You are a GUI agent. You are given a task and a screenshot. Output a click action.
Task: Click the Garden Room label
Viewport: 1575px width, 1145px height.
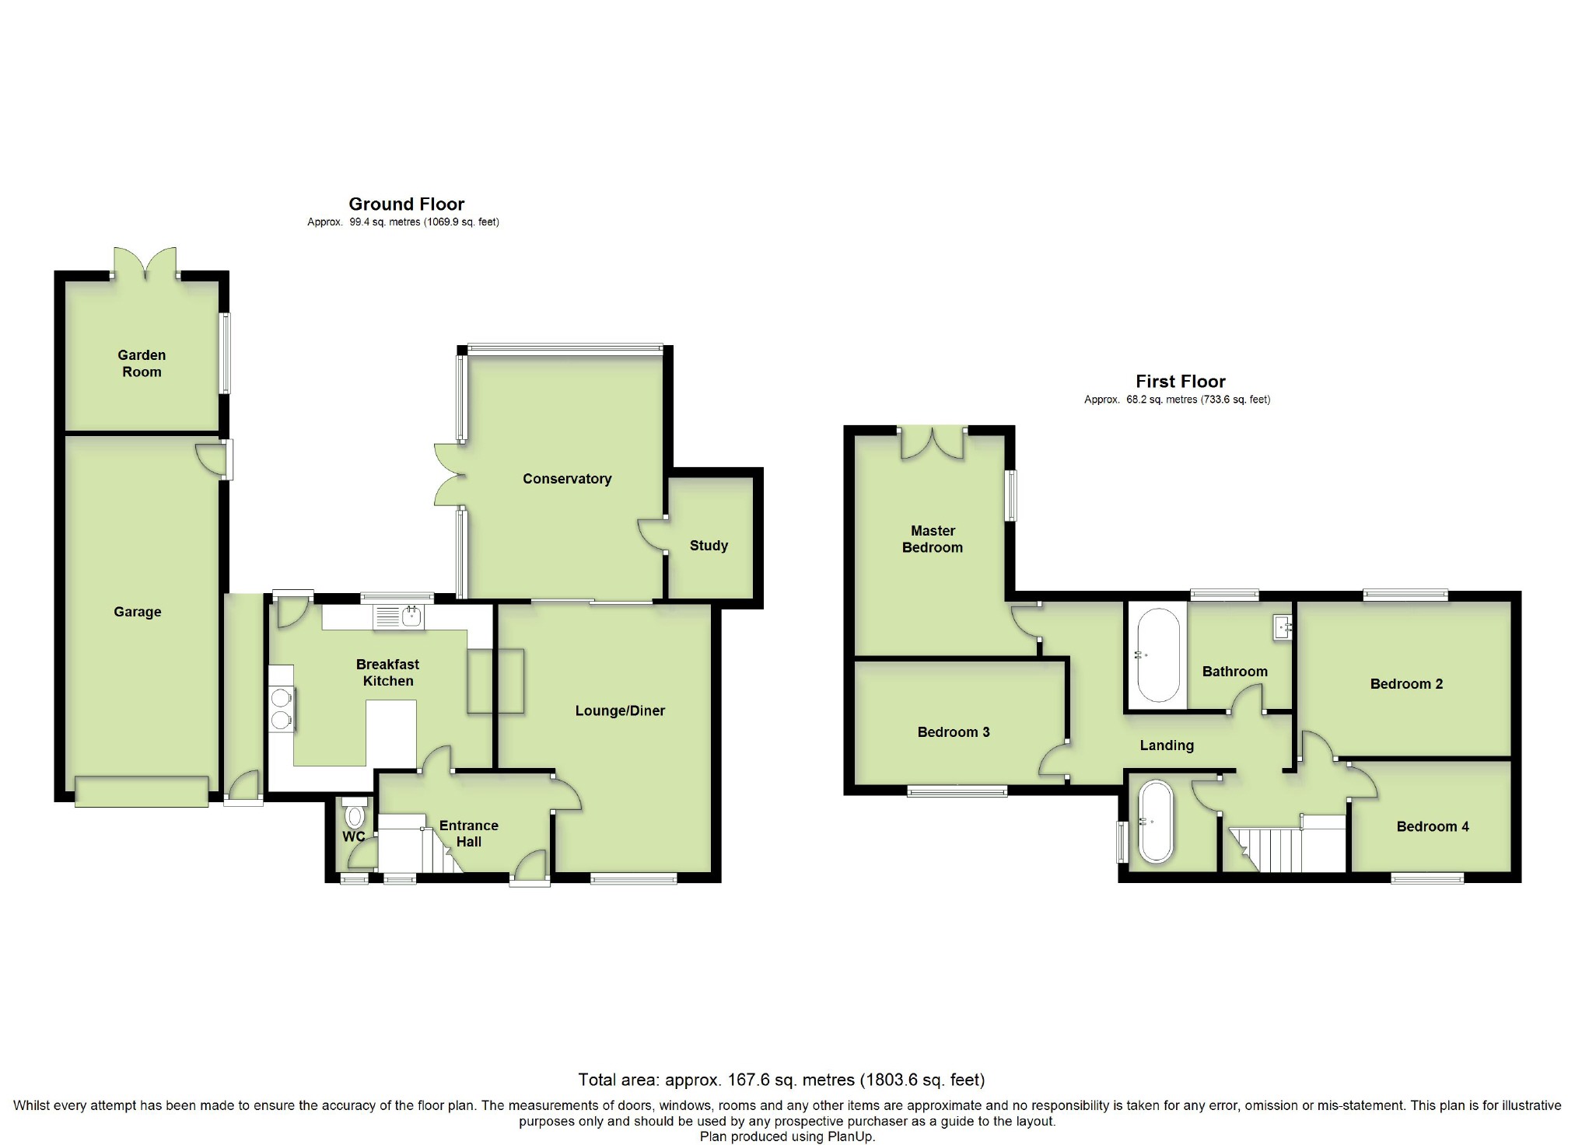142,363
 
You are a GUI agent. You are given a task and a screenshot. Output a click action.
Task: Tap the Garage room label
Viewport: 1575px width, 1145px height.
138,612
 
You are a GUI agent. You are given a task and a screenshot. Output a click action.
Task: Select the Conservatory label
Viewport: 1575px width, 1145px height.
567,479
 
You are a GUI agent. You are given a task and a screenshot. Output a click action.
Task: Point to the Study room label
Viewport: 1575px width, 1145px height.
709,546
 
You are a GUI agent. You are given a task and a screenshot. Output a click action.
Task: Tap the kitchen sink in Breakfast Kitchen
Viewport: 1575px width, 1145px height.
399,617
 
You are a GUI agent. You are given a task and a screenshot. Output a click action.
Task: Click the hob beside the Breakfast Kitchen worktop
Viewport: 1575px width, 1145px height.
282,709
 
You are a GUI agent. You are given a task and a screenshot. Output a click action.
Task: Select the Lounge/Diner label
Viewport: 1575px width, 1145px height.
620,710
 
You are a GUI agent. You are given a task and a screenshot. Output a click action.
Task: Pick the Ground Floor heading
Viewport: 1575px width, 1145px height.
407,204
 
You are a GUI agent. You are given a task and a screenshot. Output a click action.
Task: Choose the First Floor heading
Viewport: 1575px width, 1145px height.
1181,381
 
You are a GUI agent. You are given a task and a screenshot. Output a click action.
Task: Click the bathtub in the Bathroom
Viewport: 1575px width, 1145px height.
1159,655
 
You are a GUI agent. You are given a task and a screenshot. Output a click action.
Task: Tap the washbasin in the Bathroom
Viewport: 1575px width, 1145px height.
1282,627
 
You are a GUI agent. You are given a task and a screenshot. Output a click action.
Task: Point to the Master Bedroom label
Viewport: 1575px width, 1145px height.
933,539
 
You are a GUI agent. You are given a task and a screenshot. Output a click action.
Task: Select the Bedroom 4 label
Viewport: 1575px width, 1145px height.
1433,826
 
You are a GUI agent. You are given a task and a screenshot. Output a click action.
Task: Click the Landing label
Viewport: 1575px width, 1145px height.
1167,745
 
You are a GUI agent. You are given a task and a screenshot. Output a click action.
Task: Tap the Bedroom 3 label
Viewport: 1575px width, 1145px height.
954,731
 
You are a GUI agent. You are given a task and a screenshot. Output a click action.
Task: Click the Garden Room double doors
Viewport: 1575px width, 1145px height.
145,263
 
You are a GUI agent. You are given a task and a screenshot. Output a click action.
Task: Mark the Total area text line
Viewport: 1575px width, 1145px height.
782,1080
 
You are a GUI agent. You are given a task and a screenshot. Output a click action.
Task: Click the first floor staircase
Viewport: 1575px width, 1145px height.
1287,843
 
